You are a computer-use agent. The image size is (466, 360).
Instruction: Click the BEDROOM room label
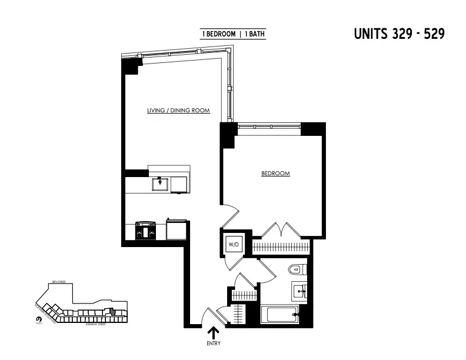[275, 174]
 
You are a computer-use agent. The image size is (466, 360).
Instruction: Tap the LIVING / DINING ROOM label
[179, 110]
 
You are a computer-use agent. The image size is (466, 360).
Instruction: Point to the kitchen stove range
[146, 230]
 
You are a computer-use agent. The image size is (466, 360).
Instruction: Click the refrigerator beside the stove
[177, 229]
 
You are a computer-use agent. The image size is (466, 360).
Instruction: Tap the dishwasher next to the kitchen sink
[179, 184]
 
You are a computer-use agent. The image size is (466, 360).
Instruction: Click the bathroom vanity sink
[300, 291]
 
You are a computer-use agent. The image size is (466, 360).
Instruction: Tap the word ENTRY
[213, 344]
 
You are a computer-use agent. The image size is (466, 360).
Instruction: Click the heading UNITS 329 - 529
[398, 34]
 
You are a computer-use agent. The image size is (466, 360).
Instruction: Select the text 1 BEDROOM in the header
[219, 34]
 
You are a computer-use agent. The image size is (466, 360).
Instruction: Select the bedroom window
[269, 125]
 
